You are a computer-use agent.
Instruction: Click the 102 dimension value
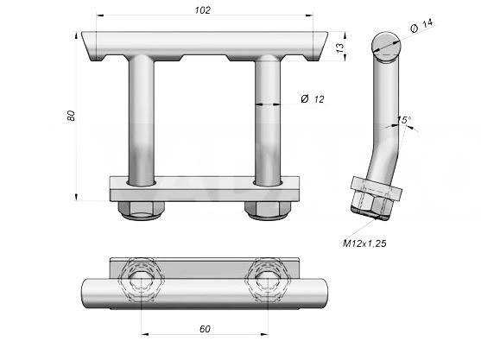coord(203,10)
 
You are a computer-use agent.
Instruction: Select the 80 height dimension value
coord(71,116)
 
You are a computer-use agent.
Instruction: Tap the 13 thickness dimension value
coord(340,47)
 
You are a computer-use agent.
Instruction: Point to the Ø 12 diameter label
coord(313,99)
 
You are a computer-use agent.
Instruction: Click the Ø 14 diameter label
coord(421,25)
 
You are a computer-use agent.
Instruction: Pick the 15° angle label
coord(404,120)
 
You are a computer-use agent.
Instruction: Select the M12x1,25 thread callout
coord(364,243)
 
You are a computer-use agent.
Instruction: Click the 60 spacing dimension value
coord(205,329)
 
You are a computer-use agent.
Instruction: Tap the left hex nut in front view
coord(141,210)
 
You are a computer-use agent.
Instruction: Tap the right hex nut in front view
coord(268,210)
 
